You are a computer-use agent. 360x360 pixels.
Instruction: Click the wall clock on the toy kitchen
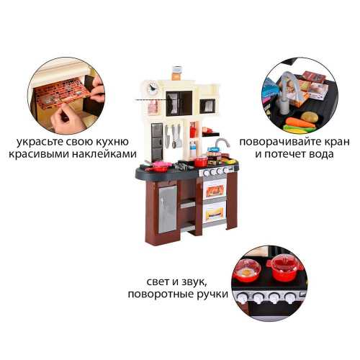click(153, 88)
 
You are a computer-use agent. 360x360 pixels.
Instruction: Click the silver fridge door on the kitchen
click(168, 210)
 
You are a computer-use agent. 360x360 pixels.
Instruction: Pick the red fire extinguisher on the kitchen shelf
click(192, 130)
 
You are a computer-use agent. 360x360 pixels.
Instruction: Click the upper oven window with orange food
click(215, 191)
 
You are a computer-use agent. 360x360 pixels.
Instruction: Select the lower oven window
click(215, 212)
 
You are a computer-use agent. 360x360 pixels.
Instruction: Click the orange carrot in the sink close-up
click(300, 123)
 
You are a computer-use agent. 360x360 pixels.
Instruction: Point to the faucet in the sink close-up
click(287, 91)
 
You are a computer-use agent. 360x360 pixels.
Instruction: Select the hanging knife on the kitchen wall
click(167, 136)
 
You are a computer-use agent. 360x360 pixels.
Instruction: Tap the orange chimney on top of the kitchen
click(177, 73)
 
